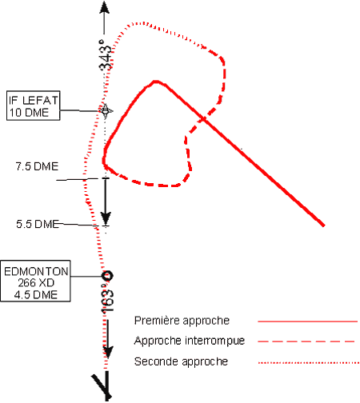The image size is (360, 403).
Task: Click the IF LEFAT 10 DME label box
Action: pos(34,106)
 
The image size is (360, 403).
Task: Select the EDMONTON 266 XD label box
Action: pos(35,281)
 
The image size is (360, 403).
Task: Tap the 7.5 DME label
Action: pos(37,166)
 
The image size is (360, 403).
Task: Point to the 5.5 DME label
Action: pos(38,224)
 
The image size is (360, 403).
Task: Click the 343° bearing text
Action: pos(105,55)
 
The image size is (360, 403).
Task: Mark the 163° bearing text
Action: pos(107,301)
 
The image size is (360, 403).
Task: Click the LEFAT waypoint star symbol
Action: pos(106,111)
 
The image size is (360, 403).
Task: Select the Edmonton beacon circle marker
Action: pos(107,276)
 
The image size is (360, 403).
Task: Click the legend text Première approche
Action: pos(182,321)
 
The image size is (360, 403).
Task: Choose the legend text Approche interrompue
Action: pos(190,341)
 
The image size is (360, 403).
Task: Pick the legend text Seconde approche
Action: pos(181,361)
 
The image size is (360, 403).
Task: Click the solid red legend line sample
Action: pos(307,321)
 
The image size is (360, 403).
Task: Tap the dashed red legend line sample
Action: pos(306,341)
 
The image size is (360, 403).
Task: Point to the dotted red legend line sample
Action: pos(309,362)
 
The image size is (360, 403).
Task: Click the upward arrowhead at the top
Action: pos(104,6)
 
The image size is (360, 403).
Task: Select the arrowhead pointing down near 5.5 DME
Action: pos(106,218)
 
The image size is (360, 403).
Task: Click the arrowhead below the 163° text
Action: pos(108,352)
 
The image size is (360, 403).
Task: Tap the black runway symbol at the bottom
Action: pos(103,386)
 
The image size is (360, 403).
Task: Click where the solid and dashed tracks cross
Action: pos(204,118)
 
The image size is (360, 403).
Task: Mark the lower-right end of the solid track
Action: pos(324,225)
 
